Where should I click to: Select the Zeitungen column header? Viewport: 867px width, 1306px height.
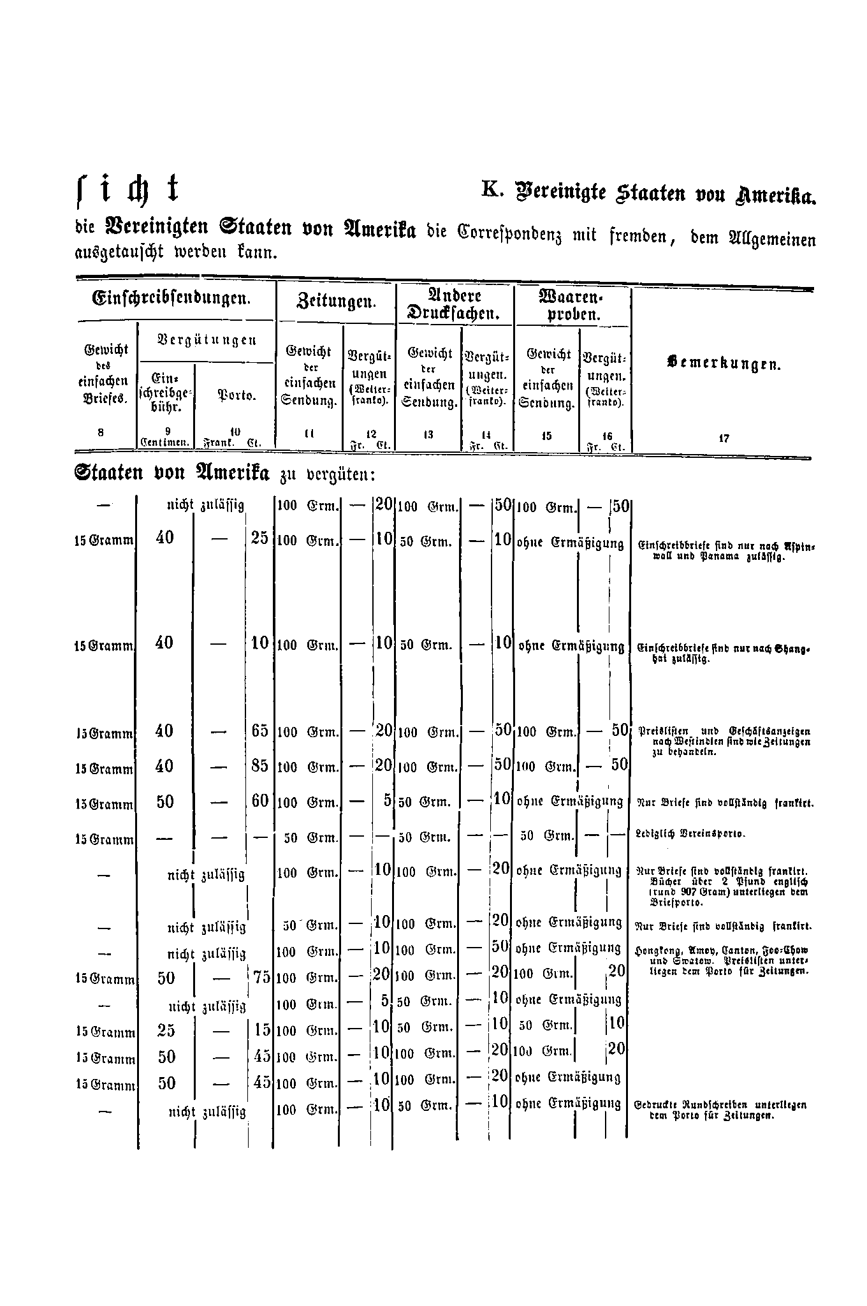pyautogui.click(x=336, y=300)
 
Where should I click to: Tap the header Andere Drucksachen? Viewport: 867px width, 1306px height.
pyautogui.click(x=455, y=305)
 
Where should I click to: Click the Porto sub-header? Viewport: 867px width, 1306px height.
pyautogui.click(x=237, y=395)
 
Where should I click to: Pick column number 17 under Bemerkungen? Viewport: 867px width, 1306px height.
pyautogui.click(x=724, y=439)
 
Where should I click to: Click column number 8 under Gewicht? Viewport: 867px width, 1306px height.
pyautogui.click(x=101, y=432)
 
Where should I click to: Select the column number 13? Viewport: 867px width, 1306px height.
pyautogui.click(x=428, y=434)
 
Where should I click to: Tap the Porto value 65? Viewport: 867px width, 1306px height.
pyautogui.click(x=260, y=731)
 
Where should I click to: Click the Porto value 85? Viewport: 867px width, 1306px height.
pyautogui.click(x=260, y=765)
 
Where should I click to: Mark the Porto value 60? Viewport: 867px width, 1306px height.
pyautogui.click(x=260, y=801)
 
